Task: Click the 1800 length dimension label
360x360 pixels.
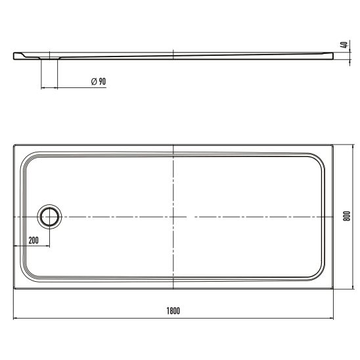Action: tap(173, 311)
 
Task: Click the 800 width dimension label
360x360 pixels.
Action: tap(347, 216)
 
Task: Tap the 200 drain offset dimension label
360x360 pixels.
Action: tap(34, 240)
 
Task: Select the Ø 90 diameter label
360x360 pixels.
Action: tap(99, 81)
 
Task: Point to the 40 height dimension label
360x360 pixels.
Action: tap(344, 45)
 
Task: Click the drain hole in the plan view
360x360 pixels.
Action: tap(49, 217)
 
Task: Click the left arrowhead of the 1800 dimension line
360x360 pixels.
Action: tap(15, 318)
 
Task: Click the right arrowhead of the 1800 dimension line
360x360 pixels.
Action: tap(331, 318)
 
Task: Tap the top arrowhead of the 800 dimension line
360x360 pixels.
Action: tap(352, 146)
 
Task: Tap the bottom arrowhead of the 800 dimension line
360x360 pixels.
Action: tap(352, 287)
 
